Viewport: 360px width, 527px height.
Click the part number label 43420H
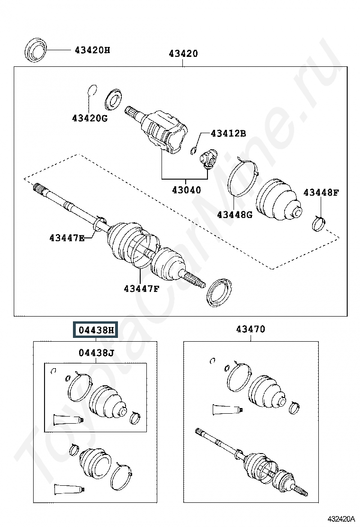tap(92, 50)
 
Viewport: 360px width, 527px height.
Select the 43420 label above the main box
tap(183, 54)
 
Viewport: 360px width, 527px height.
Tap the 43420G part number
tap(90, 118)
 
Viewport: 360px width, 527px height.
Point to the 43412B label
tap(228, 134)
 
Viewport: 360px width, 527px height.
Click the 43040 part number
tap(187, 190)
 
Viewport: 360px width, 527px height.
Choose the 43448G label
tap(235, 214)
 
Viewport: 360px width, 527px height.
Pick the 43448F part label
tap(321, 192)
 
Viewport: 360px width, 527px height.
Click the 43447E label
tap(67, 238)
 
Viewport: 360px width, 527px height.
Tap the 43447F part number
tap(141, 288)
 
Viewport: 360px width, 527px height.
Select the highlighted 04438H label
tap(96, 330)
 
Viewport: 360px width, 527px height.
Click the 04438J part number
tap(96, 353)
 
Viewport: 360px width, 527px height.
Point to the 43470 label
tap(251, 329)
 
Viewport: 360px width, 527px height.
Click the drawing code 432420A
tap(341, 518)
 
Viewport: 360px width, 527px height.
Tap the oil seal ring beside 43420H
tap(36, 50)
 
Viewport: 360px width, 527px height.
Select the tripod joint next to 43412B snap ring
tap(208, 158)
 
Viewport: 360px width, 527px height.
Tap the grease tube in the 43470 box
tap(227, 409)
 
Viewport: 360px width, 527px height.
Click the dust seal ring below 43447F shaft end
tap(219, 292)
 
